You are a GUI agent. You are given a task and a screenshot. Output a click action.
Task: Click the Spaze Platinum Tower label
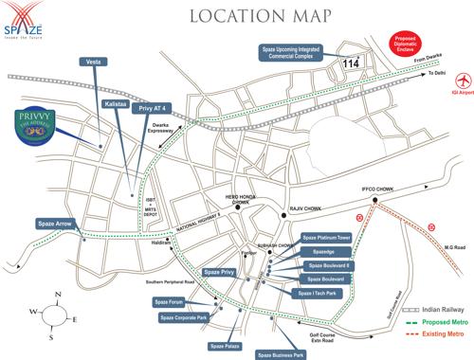pos(326,237)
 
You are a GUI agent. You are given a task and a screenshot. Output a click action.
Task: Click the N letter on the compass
pos(59,296)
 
